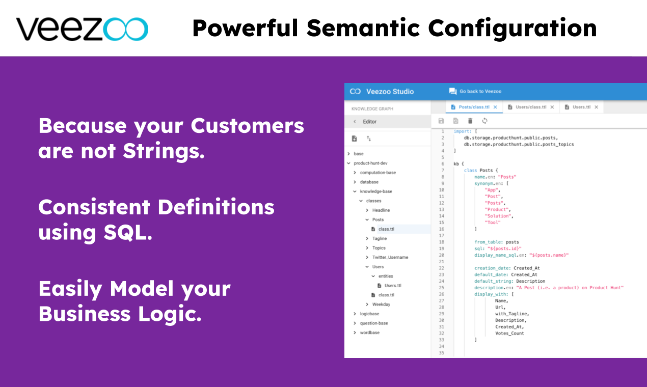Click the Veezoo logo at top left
tap(83, 29)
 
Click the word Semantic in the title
tap(363, 28)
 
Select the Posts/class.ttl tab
tap(474, 107)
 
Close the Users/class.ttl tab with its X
tap(552, 107)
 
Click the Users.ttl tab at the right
tap(581, 107)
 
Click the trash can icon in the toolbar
tap(470, 121)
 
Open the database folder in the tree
tap(369, 182)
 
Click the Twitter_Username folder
tap(390, 257)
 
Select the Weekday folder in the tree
tap(381, 305)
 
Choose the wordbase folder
tap(370, 333)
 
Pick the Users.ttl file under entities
tap(393, 286)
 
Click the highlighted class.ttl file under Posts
tap(386, 229)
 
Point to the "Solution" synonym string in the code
tap(498, 216)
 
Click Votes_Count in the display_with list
tap(509, 334)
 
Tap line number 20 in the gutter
tap(442, 255)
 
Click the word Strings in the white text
tap(164, 151)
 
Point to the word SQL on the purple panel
tap(128, 232)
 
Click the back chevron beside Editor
tap(355, 122)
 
